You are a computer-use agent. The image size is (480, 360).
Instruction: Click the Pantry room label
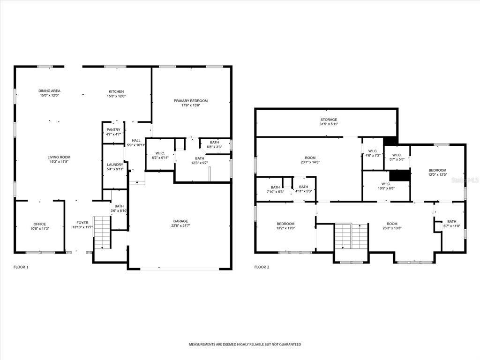(113, 130)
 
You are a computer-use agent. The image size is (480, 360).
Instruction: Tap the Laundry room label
(115, 165)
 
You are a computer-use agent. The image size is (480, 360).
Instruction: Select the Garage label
(180, 221)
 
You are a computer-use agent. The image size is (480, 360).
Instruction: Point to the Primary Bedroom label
(191, 101)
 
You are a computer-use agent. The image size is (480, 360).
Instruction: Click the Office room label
(40, 224)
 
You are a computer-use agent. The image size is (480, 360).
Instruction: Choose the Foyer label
(82, 223)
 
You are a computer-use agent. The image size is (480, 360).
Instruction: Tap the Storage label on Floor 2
(329, 120)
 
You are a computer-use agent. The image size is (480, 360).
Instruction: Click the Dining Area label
(49, 91)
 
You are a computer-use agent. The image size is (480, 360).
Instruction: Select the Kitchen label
(116, 91)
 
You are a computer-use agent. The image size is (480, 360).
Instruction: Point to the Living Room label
(59, 157)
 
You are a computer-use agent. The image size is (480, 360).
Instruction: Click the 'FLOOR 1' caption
(21, 267)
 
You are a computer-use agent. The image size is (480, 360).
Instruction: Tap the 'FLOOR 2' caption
(262, 267)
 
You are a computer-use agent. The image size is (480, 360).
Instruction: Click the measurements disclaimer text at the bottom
(245, 345)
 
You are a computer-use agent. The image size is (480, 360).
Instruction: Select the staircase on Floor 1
(102, 232)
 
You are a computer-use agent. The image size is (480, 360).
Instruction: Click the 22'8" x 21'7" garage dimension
(180, 225)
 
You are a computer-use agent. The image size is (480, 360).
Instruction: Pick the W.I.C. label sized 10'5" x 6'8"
(386, 184)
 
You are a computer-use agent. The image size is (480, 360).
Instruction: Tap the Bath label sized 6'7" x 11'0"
(452, 222)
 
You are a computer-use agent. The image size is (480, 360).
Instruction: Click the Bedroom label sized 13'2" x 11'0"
(285, 224)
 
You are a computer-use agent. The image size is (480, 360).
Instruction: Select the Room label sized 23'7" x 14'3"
(310, 158)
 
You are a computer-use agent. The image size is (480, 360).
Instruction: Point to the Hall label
(136, 141)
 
